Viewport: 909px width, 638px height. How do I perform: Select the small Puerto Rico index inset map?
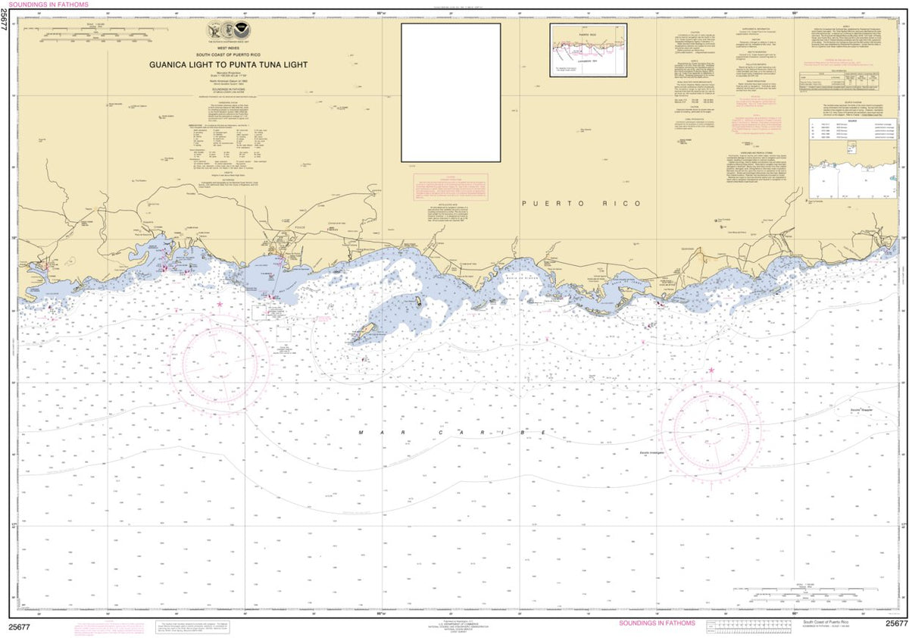[588, 49]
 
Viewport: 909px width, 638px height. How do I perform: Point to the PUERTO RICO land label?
[582, 204]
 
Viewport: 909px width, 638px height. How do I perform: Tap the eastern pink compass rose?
[710, 431]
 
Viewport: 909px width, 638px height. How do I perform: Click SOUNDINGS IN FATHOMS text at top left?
[44, 5]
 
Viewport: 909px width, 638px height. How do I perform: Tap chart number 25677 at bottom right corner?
[895, 624]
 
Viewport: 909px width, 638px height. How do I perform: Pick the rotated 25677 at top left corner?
[5, 22]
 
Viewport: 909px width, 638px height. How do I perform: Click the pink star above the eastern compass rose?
[711, 370]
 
